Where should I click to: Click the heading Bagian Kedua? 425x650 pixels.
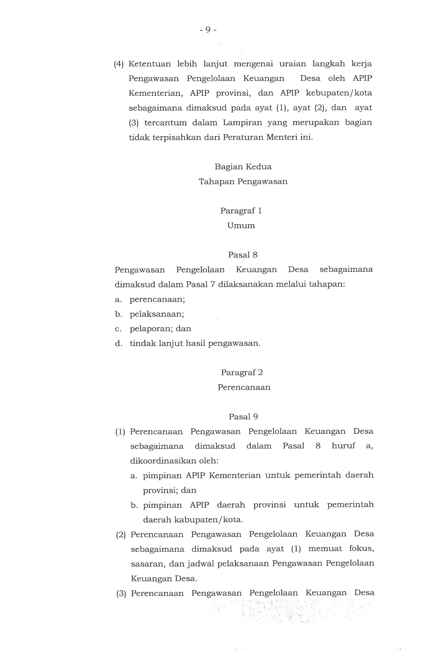[243, 167]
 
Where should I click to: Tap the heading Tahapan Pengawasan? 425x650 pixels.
[243, 181]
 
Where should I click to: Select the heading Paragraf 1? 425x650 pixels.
[241, 211]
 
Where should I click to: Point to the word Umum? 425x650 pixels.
[241, 226]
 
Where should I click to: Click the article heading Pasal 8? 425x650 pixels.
[243, 255]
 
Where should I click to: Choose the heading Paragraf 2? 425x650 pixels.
[242, 373]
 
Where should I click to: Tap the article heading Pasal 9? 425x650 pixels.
[243, 417]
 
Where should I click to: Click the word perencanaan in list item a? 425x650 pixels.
[157, 300]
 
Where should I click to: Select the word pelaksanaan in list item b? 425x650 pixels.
[157, 314]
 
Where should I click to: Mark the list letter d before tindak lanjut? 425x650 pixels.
[118, 343]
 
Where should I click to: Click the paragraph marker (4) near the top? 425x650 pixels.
[119, 64]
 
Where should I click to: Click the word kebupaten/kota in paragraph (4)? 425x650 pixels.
[339, 93]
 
